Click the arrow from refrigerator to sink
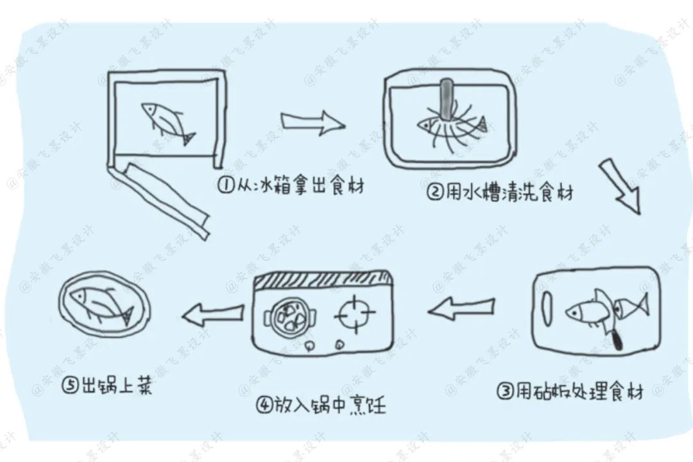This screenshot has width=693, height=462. [313, 121]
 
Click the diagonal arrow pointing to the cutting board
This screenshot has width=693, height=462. [621, 187]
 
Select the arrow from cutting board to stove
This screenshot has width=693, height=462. [461, 310]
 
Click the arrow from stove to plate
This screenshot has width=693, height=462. [213, 314]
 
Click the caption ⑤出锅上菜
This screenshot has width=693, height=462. [108, 386]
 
